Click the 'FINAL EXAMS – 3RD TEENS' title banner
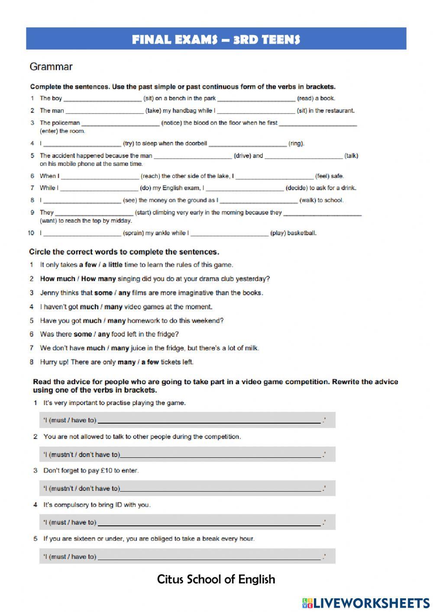point(216,39)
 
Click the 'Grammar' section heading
point(51,67)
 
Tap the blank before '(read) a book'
point(256,99)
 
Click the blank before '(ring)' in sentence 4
point(247,144)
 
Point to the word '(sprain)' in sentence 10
point(133,233)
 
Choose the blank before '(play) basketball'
point(229,233)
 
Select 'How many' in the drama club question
point(98,279)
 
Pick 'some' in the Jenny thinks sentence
point(103,293)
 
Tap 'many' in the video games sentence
point(113,307)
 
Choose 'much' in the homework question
point(92,321)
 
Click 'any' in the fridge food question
point(103,334)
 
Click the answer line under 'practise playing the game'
point(209,421)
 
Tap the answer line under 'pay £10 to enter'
point(221,489)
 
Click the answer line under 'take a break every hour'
point(209,557)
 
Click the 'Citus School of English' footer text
point(216,580)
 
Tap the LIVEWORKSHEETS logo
point(366,603)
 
